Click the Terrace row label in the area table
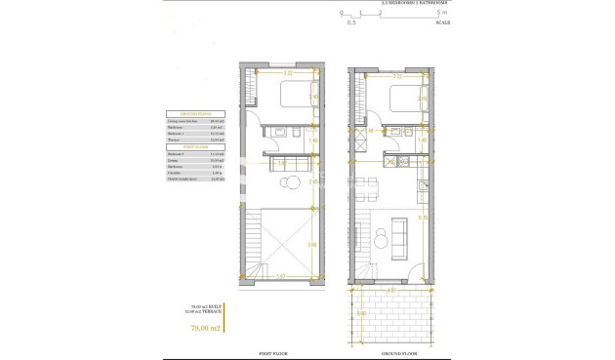pos(177,141)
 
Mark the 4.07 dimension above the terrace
pos(391,291)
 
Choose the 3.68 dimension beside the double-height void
pos(312,244)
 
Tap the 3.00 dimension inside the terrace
pos(363,313)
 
